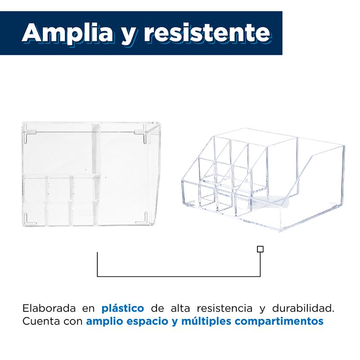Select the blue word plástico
[x=123, y=308]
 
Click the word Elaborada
[x=49, y=308]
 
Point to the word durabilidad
[x=303, y=308]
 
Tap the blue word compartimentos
[x=279, y=321]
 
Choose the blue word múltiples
[x=206, y=321]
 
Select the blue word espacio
[x=148, y=321]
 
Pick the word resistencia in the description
[x=225, y=308]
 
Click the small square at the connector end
[x=260, y=249]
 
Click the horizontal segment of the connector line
[x=179, y=276]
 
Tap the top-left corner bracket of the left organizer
[x=30, y=135]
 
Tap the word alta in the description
[x=180, y=308]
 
